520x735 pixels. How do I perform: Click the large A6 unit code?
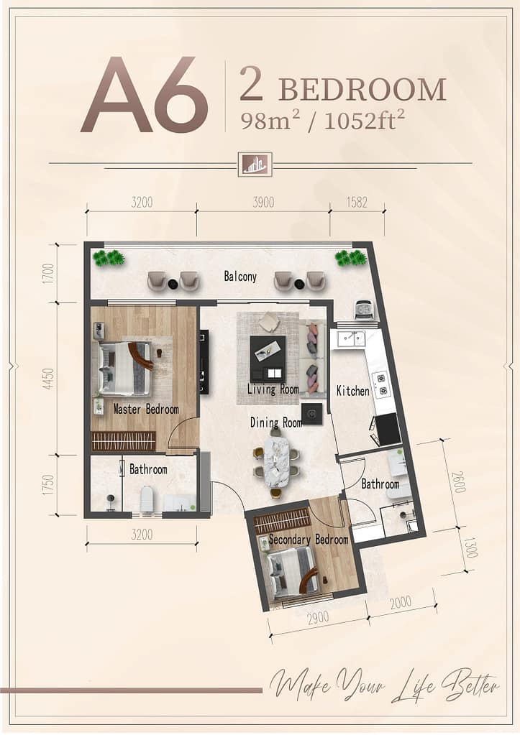point(145,95)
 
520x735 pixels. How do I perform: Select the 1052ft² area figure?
point(364,121)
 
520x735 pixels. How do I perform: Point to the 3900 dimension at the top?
point(263,203)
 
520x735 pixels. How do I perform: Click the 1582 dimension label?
point(357,203)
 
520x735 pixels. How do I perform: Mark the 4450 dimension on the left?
point(48,379)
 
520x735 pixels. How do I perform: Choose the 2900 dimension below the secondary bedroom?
point(318,618)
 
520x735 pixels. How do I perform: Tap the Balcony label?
point(240,277)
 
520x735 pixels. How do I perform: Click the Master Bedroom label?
point(146,410)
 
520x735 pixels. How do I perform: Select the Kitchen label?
point(353,390)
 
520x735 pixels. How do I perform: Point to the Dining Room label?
point(276,422)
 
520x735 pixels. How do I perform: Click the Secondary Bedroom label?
point(309,540)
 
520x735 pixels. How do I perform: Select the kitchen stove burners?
point(380,384)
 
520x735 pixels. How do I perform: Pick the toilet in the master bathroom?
point(147,499)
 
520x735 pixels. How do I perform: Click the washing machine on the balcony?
point(364,310)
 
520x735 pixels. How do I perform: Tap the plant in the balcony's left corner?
point(109,258)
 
